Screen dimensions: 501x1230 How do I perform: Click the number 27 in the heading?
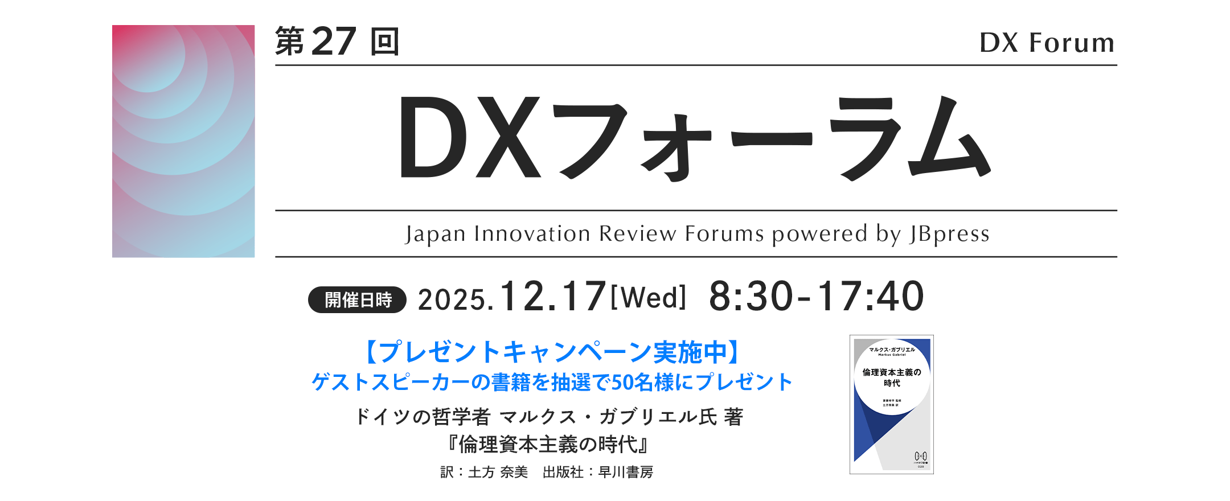tap(334, 42)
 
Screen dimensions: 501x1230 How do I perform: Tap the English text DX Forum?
tap(1047, 43)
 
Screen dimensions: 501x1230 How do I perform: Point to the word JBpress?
tap(949, 234)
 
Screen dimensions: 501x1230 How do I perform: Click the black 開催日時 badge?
tap(357, 299)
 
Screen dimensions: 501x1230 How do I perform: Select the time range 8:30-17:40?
tap(816, 297)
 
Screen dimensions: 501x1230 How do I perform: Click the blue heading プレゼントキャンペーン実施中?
tap(551, 352)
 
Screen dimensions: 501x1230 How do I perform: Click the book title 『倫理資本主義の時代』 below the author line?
tap(548, 444)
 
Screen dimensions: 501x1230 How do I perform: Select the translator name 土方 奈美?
tap(498, 473)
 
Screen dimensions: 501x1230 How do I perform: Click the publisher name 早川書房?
tap(626, 473)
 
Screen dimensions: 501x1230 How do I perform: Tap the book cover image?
tap(891, 404)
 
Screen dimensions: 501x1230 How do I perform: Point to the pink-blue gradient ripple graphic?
tap(183, 141)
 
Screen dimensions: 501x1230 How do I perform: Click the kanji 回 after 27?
tap(384, 42)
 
